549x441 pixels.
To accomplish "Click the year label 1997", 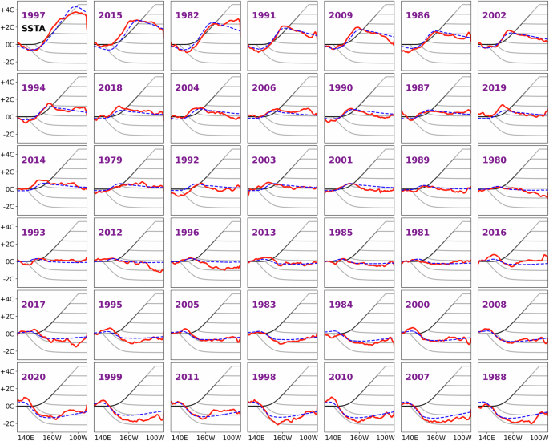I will tap(34, 15).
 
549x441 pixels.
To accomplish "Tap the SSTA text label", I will tap(34, 30).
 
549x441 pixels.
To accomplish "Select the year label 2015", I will tap(111, 15).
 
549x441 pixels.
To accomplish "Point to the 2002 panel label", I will tap(495, 15).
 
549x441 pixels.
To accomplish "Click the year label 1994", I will tap(34, 87).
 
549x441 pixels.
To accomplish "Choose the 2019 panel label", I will tap(495, 87).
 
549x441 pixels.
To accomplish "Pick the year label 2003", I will tap(264, 160).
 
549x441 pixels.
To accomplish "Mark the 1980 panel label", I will tap(495, 160).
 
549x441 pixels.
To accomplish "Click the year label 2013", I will tap(264, 233).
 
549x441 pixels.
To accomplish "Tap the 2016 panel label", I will tap(495, 233).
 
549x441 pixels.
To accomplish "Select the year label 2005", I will tap(188, 305).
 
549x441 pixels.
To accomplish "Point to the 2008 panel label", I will tap(495, 305).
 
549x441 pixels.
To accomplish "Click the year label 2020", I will tap(34, 377).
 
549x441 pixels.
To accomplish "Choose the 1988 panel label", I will tap(495, 377).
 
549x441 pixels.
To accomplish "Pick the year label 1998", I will tap(264, 377).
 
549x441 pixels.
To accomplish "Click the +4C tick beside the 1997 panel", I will tap(7, 10).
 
